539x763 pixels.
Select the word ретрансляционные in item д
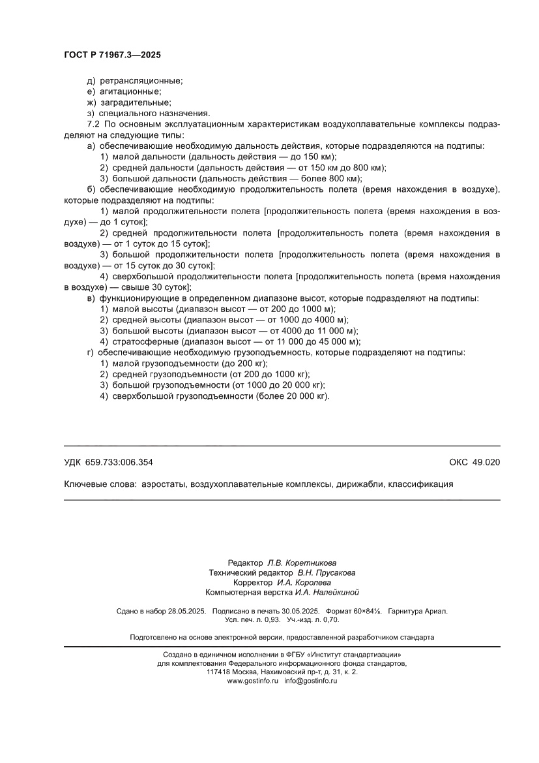(x=141, y=81)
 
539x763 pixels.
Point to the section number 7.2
(x=94, y=123)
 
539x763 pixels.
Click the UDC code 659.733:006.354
(x=119, y=462)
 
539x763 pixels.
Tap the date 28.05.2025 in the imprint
(x=187, y=612)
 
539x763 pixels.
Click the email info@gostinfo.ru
(x=310, y=681)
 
